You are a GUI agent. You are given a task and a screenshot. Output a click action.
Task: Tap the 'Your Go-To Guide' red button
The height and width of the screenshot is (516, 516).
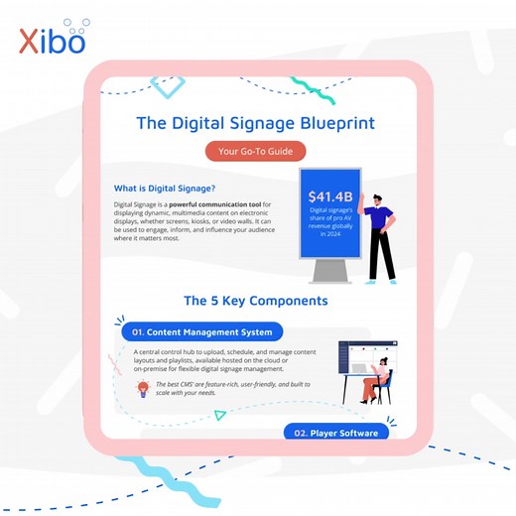coord(255,152)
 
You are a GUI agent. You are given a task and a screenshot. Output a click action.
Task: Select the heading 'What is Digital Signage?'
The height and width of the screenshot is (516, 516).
coord(165,188)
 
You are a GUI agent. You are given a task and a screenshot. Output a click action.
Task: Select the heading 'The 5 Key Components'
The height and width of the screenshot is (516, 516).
coord(255,300)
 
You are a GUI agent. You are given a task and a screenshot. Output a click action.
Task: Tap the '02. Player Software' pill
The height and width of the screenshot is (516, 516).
coord(334,433)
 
